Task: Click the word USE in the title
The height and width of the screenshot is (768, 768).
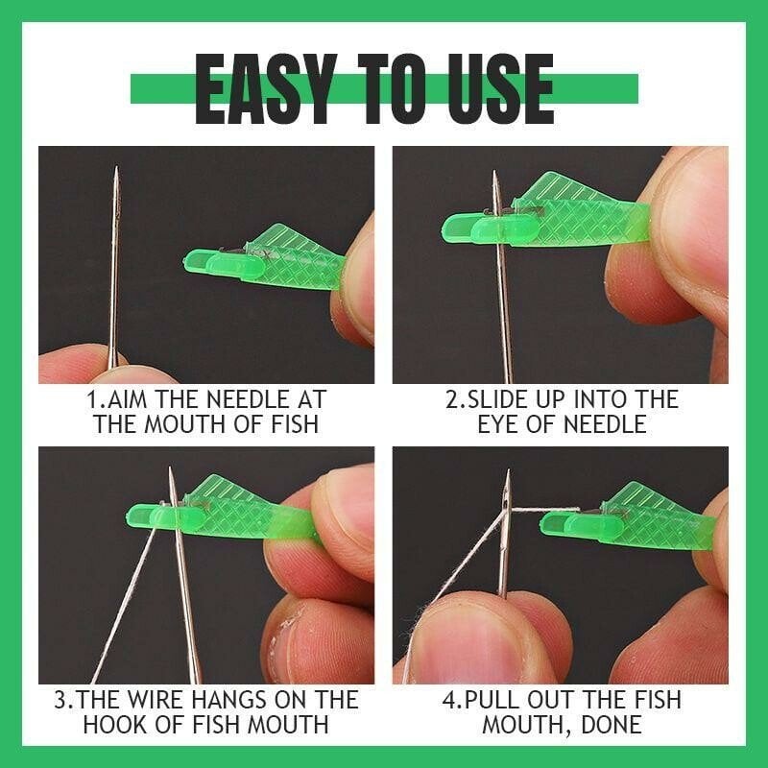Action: (x=495, y=88)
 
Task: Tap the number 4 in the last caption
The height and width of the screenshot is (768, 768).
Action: (x=448, y=700)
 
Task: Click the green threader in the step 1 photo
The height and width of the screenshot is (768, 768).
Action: (x=269, y=259)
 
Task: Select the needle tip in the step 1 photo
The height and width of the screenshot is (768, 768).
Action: (x=115, y=173)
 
